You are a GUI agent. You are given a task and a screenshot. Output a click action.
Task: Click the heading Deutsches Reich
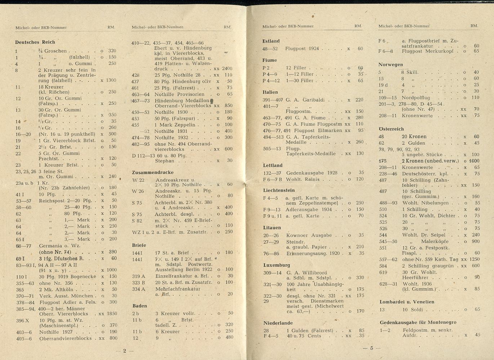tap(35, 42)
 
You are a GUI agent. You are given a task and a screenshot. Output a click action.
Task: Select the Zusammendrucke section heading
tap(152, 172)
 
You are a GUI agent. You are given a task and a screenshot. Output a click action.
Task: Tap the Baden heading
tap(139, 306)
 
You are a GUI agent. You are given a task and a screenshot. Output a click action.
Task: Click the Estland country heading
tap(271, 41)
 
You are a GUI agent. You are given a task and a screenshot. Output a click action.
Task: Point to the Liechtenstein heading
tap(279, 190)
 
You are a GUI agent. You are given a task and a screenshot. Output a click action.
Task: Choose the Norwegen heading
tap(390, 64)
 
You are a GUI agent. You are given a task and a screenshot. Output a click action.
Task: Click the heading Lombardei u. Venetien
tap(407, 302)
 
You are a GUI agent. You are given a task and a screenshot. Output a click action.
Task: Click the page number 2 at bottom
tap(125, 350)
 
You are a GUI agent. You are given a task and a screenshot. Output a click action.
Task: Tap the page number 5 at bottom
tap(371, 348)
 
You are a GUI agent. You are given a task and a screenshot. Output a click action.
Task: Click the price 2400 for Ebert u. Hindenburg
tap(227, 68)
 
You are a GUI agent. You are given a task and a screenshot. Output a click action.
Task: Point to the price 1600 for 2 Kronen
tap(474, 161)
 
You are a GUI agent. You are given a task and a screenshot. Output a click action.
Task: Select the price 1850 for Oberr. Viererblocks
tap(112, 314)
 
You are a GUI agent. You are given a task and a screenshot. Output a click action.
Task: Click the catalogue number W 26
tap(138, 191)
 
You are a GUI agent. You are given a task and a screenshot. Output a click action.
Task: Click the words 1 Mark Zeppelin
tap(174, 125)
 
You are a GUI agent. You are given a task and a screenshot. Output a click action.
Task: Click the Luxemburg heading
tap(276, 265)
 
